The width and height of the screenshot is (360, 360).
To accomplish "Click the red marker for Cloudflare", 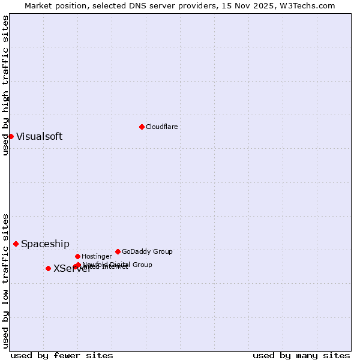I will click(142, 127).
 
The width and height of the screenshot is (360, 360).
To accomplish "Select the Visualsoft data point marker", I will click(11, 136).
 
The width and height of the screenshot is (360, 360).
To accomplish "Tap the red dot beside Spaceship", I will click(16, 244).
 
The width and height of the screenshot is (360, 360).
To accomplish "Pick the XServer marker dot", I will click(48, 268).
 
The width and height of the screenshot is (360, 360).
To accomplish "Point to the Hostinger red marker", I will click(77, 256).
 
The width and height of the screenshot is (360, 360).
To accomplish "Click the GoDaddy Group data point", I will click(118, 251).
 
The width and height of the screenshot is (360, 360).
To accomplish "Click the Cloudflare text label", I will click(162, 127).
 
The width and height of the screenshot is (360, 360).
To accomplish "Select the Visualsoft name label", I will click(39, 136).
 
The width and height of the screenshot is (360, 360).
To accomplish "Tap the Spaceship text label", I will click(45, 244).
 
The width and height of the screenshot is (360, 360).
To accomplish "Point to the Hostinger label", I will click(97, 256).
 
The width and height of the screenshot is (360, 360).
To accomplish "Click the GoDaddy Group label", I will click(147, 251).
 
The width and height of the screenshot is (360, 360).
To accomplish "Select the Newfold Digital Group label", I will click(118, 264).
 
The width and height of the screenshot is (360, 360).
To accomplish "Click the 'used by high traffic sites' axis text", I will click(5, 85).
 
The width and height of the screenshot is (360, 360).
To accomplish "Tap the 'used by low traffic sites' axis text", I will click(5, 280).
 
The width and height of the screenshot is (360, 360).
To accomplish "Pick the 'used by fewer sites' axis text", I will click(62, 355).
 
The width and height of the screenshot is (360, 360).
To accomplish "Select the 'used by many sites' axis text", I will click(301, 355).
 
